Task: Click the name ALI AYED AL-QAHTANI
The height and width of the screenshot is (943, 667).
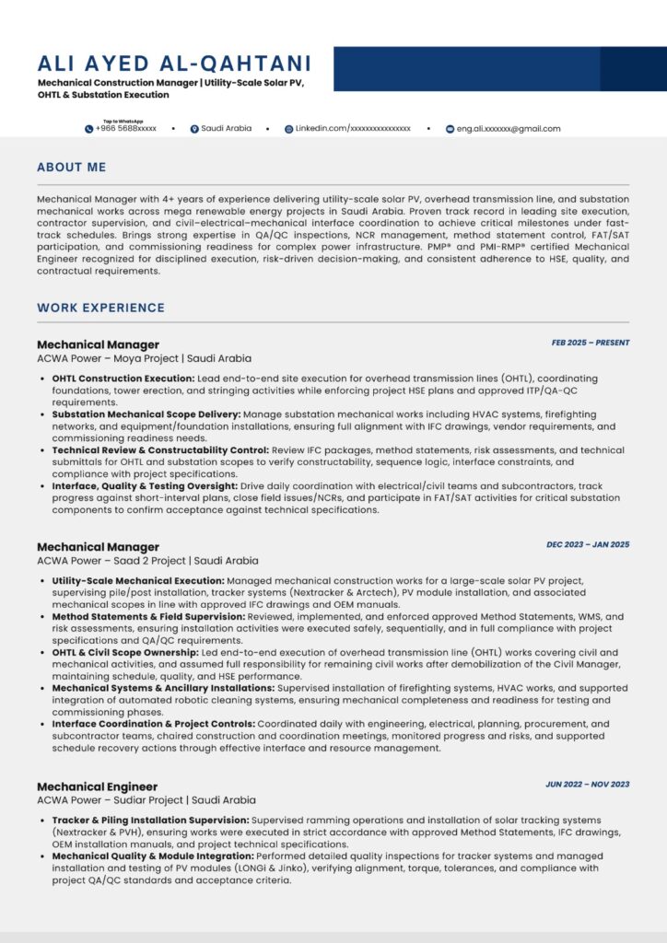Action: tap(174, 64)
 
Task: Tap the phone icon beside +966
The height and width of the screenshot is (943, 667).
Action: tap(89, 129)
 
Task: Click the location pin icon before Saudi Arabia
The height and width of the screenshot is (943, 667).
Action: tap(194, 129)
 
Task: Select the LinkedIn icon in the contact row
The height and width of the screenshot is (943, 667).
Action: tap(288, 129)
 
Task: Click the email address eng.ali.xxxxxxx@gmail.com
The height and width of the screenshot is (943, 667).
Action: tap(509, 129)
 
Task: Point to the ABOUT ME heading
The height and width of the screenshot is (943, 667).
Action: tap(71, 168)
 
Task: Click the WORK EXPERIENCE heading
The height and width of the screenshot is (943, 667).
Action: tap(100, 308)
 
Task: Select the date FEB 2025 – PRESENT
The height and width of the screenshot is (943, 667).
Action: tap(591, 343)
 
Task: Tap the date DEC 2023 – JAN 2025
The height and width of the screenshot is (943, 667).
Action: tap(588, 544)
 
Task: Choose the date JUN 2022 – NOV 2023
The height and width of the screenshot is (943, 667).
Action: tap(588, 785)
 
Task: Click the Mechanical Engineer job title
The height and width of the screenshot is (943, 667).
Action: tap(97, 786)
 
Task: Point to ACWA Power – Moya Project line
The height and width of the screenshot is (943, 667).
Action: tap(144, 358)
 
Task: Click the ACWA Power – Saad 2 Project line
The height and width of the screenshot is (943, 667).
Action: tap(147, 560)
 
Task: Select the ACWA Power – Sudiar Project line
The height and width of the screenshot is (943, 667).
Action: tap(146, 800)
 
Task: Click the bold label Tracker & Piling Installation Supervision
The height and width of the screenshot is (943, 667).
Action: tap(150, 820)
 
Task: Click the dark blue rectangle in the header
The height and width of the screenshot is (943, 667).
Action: tap(498, 69)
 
